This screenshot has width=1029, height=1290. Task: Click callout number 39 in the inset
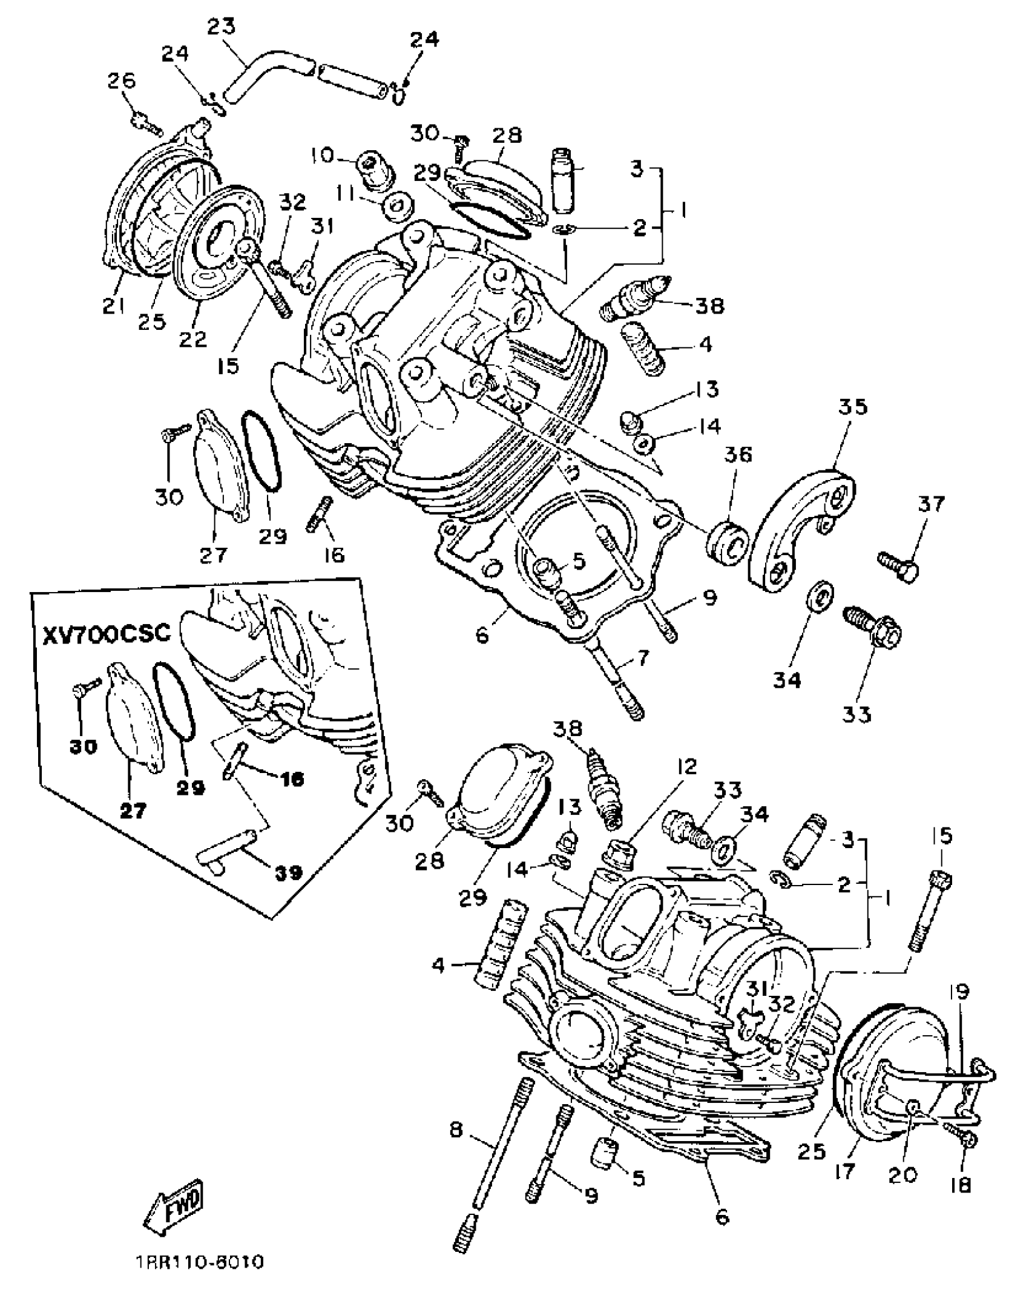pyautogui.click(x=288, y=872)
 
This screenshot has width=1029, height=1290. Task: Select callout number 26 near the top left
pyautogui.click(x=122, y=81)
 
